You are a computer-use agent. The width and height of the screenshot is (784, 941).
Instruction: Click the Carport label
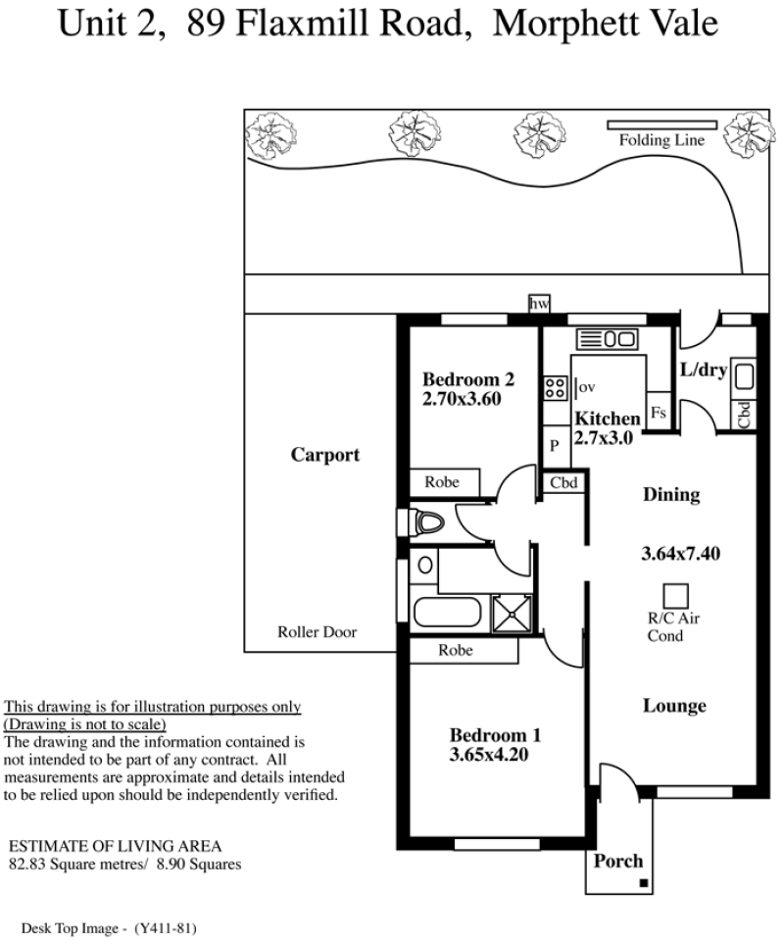pos(325,455)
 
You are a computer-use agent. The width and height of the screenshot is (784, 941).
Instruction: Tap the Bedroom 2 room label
pos(467,379)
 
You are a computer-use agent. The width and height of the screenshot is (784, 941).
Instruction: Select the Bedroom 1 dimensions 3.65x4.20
pos(489,755)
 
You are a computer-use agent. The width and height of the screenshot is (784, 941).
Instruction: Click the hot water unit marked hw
pos(539,304)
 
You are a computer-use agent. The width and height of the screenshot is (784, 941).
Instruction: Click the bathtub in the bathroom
pos(448,612)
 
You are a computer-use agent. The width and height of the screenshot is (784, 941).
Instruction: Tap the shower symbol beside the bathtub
pos(512,614)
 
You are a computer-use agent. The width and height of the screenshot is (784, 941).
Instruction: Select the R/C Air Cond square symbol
pos(675,596)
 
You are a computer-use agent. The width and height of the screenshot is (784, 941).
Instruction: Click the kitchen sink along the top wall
pos(607,339)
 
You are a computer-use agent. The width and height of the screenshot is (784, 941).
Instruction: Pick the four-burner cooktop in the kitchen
pos(555,388)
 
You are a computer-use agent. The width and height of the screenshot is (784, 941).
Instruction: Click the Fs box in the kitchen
pos(658,412)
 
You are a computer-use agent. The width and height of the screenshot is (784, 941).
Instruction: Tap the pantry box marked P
pos(556,446)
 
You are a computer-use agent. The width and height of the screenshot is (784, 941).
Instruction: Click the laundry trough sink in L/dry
pos(744,376)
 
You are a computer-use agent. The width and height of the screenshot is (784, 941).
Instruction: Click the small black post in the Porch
pos(644,883)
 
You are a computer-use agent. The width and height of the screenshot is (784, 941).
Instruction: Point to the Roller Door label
pos(317,632)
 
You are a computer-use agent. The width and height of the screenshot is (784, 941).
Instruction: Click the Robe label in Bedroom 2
pos(442,482)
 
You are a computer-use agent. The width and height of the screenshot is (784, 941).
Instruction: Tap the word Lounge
pos(674,706)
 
